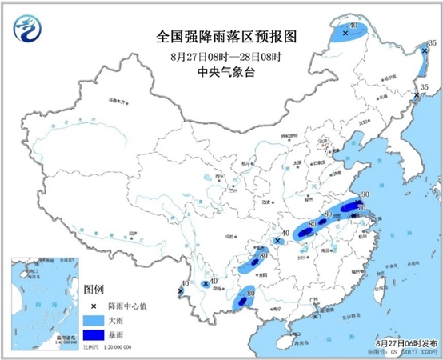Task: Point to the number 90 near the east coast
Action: coord(364,194)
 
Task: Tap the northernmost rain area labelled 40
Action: coord(351,32)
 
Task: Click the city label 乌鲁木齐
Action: coord(118,102)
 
